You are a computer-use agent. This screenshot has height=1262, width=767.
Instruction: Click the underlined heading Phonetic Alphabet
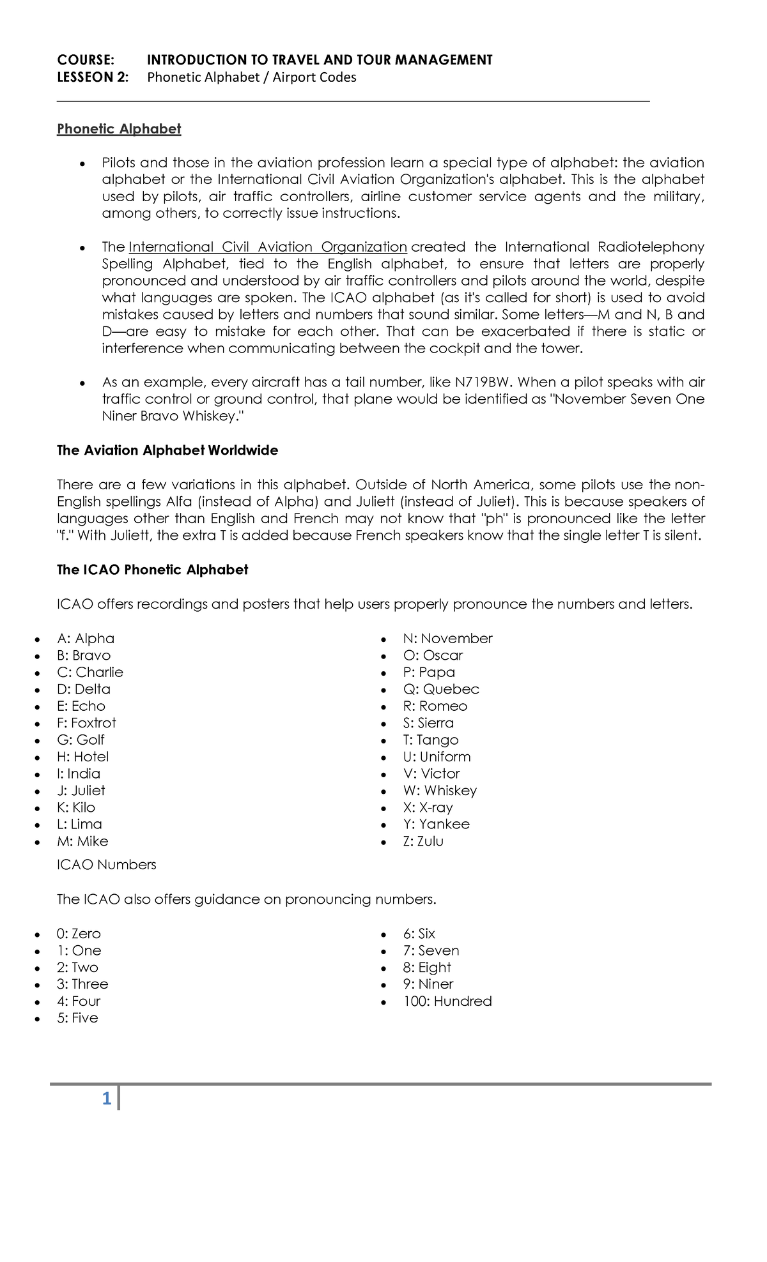(119, 129)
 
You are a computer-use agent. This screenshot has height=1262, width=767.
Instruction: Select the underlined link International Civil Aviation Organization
(268, 247)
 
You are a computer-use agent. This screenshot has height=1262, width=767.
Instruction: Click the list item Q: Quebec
(440, 689)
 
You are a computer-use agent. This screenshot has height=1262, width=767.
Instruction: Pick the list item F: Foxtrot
(86, 723)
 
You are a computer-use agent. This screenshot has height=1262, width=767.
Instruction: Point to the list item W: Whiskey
(440, 791)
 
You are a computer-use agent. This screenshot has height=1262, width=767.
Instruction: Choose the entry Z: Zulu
(422, 841)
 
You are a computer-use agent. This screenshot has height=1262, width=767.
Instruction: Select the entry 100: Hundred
(447, 1001)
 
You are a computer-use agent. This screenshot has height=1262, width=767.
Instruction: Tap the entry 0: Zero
(79, 934)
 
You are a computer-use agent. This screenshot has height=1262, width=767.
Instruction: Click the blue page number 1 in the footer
(107, 1099)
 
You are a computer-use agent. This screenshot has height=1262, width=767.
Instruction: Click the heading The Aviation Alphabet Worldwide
(167, 451)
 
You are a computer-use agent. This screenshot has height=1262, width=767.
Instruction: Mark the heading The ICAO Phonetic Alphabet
(152, 570)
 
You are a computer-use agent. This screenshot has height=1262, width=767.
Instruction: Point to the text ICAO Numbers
(106, 865)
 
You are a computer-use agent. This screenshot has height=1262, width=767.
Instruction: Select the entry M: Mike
(82, 841)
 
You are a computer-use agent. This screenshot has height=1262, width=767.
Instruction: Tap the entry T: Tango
(430, 740)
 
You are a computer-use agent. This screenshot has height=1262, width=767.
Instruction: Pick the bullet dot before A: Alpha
(39, 639)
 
